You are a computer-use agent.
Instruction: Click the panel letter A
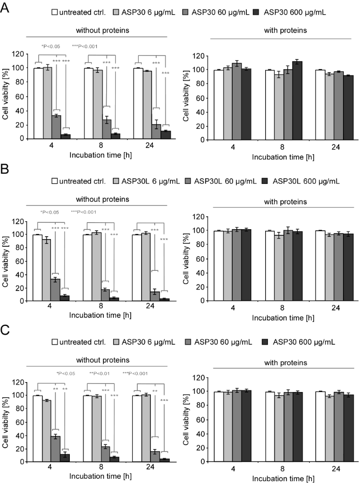tap(5, 8)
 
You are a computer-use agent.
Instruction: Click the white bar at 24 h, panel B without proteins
tap(138, 267)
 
